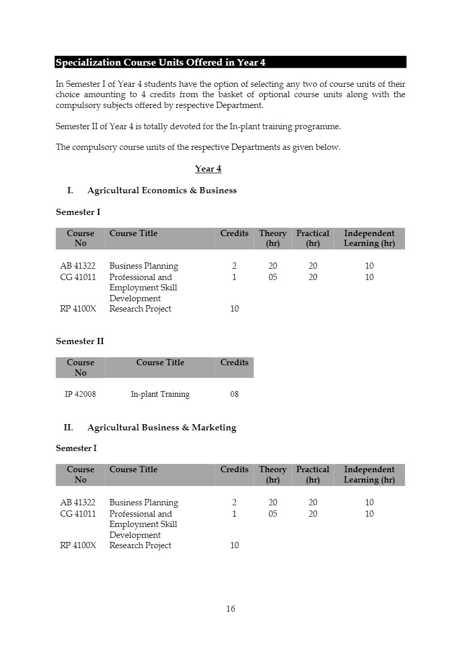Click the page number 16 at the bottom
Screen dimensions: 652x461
point(230,609)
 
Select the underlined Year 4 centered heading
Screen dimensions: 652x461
point(208,169)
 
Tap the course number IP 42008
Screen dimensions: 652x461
point(80,394)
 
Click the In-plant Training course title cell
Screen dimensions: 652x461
point(160,394)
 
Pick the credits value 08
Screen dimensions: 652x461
point(234,394)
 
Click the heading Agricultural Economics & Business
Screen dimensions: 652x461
point(162,191)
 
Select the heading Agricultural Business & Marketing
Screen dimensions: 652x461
point(162,428)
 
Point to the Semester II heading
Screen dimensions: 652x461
point(80,341)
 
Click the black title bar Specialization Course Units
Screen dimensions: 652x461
point(230,63)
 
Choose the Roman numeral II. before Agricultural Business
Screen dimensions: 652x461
point(68,428)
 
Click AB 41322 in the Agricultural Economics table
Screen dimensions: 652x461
point(78,266)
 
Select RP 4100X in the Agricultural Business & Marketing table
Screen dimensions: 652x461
point(78,546)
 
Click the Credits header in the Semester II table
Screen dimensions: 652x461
point(234,363)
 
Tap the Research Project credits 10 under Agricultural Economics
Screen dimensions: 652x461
point(234,309)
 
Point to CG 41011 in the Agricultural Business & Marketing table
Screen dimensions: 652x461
point(78,514)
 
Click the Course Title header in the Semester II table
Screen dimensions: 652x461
point(160,363)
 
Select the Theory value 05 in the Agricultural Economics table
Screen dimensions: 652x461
point(273,277)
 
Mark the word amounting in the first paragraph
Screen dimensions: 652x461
point(104,95)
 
